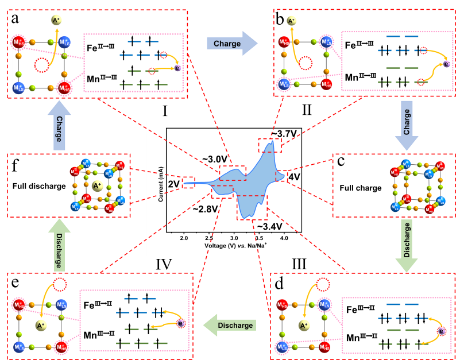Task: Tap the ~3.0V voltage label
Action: [215, 159]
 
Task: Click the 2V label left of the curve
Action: [173, 184]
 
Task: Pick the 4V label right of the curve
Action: [294, 177]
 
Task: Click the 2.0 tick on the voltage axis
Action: [184, 237]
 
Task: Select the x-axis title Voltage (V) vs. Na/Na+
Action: [235, 245]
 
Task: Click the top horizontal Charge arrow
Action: [231, 44]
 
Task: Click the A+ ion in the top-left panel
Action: [56, 21]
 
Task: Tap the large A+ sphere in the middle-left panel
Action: [96, 186]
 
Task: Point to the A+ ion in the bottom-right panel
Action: [304, 326]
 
